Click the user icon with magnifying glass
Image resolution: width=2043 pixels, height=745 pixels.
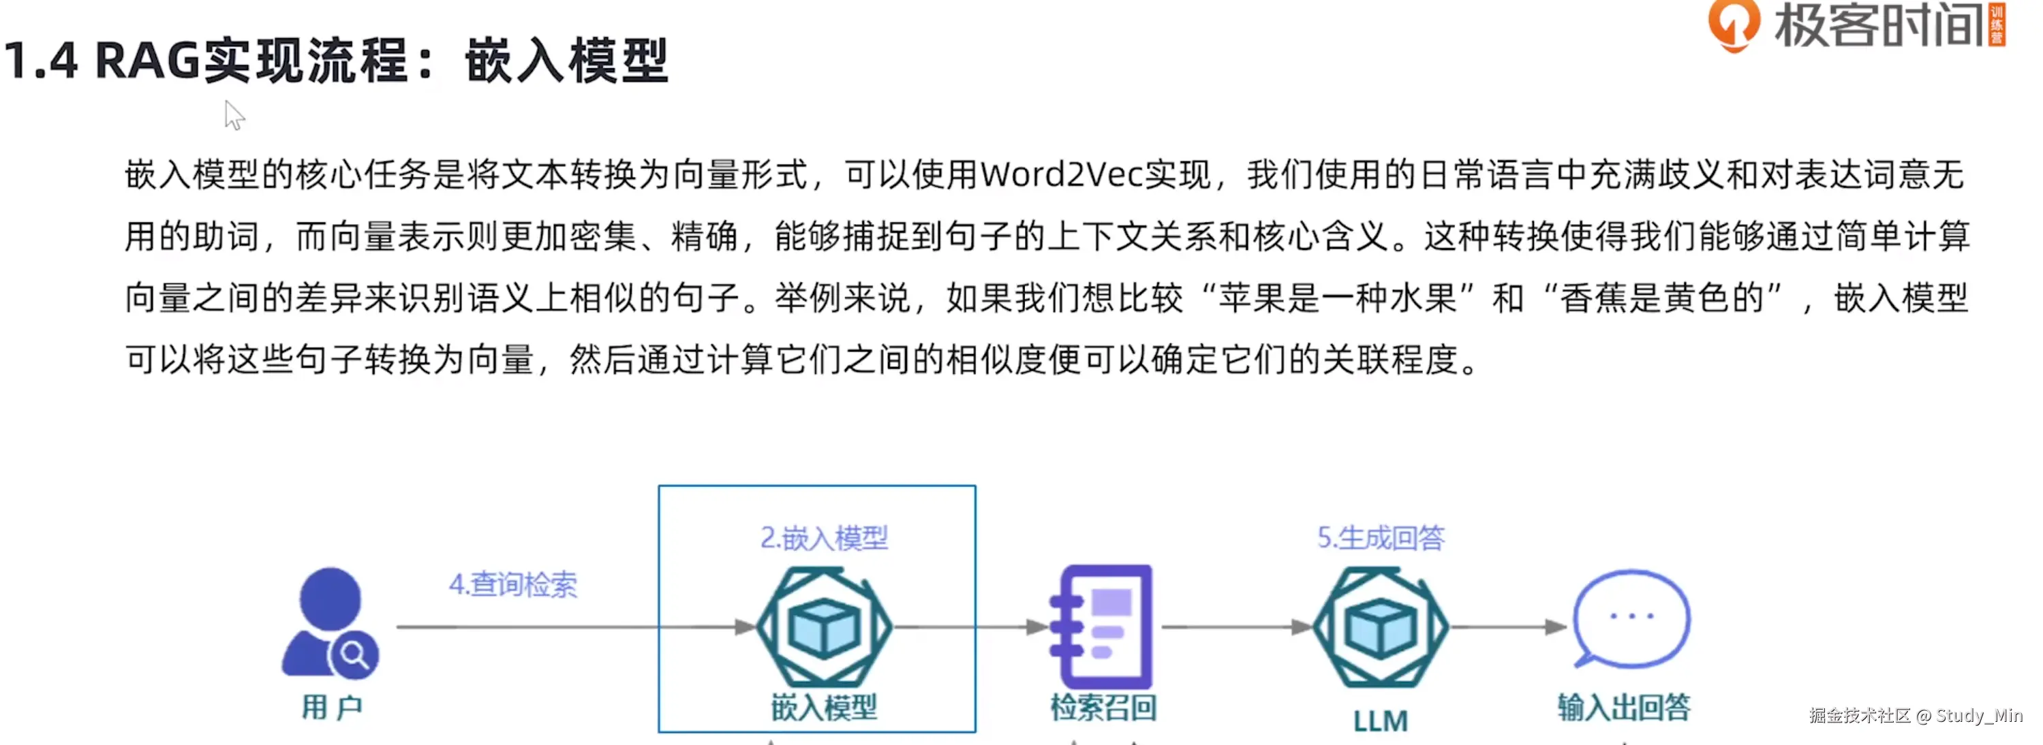click(x=330, y=622)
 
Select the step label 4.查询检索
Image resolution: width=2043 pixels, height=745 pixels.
click(x=513, y=584)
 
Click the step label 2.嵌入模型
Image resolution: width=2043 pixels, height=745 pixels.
click(x=824, y=538)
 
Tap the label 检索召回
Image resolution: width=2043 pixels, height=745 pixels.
click(x=1103, y=707)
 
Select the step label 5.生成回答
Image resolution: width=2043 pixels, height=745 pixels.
click(x=1381, y=538)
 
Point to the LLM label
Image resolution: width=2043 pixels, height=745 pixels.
click(x=1381, y=720)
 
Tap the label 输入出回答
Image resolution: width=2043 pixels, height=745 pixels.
click(x=1625, y=707)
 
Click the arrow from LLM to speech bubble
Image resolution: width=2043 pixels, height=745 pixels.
click(x=1509, y=627)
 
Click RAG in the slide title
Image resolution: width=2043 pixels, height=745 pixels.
click(x=147, y=60)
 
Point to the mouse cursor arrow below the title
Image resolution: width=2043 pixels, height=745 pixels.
click(x=234, y=115)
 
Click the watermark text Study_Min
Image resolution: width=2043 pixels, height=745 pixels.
click(x=1980, y=716)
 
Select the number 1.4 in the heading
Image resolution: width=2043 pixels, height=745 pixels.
click(x=42, y=60)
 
